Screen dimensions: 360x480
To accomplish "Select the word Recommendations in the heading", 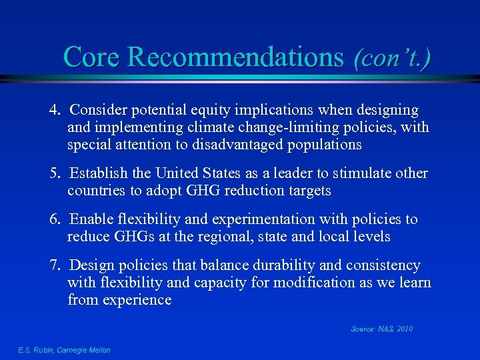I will click(235, 57).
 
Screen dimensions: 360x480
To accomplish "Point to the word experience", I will click(137, 300).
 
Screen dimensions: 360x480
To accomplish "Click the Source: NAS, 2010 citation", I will click(381, 329).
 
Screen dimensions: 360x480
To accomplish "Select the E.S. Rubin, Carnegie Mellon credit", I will click(64, 350).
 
